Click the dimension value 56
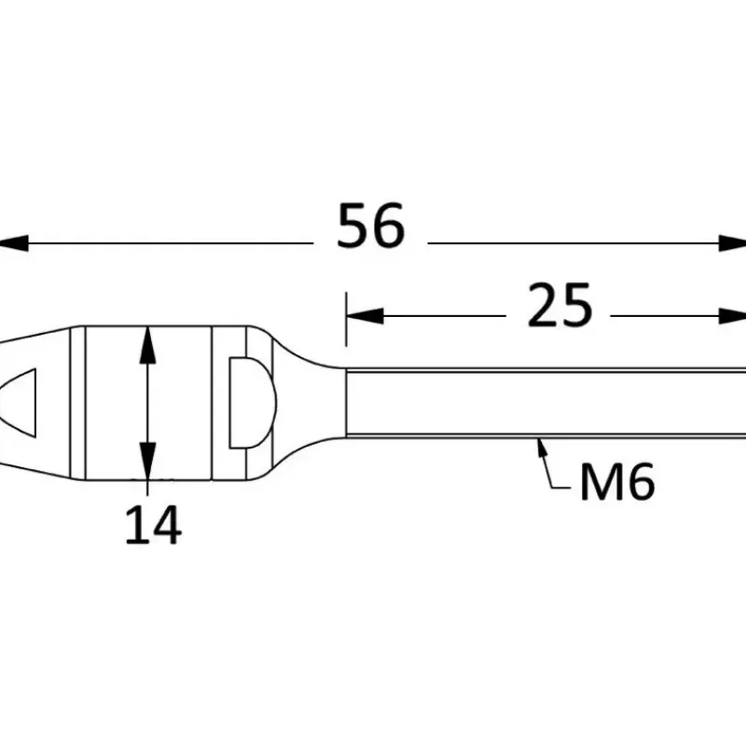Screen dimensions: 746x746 370,226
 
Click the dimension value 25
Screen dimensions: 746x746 560,305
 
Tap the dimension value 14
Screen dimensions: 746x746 153,525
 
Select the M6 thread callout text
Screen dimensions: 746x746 617,482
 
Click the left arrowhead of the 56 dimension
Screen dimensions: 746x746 13,243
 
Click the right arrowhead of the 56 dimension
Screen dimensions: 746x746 733,243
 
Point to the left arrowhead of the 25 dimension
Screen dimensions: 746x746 365,316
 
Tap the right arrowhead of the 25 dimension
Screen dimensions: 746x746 733,316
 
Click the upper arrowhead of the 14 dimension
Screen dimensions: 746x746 147,345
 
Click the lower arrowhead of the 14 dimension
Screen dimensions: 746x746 147,461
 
